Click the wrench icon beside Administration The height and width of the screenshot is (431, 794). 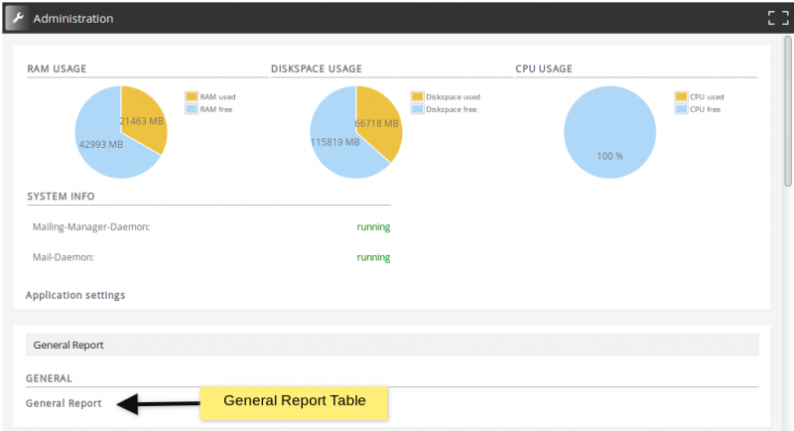(15, 18)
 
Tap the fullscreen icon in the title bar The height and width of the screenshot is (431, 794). (777, 18)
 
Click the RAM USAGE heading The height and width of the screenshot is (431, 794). (57, 69)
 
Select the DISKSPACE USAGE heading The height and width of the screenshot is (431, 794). (316, 69)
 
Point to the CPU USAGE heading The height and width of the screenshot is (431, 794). (544, 69)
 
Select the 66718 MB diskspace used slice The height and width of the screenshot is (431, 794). (377, 123)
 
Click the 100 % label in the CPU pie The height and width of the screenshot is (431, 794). (609, 156)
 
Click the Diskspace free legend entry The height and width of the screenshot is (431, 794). (450, 109)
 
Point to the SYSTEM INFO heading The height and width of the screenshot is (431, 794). (61, 196)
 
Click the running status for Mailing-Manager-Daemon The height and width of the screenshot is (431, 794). (373, 226)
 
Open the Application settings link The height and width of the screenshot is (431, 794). (75, 295)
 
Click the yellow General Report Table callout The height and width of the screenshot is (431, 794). (294, 401)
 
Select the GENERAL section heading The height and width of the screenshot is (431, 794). (49, 378)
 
